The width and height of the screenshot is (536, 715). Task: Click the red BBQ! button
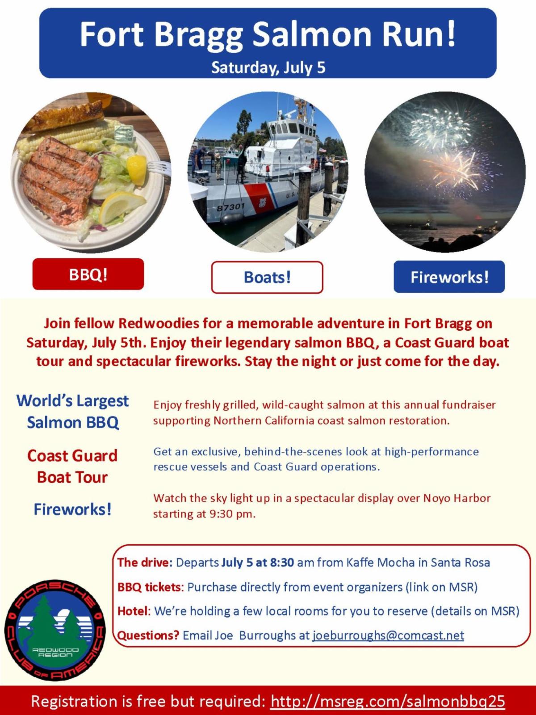coord(88,274)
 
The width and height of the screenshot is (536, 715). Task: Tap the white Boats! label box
coord(267,277)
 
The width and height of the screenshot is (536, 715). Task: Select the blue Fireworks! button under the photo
coord(449,277)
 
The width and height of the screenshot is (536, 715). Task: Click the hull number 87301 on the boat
coord(230,206)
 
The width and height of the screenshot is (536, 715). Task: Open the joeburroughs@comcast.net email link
coord(388,635)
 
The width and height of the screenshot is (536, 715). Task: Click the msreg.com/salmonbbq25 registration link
coord(388,701)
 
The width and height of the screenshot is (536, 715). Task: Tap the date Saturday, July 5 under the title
coord(268,67)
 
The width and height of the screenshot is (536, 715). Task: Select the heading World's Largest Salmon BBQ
coord(72,412)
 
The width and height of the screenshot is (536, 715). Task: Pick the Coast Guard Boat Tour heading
coord(72,466)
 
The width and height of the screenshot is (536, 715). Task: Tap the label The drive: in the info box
coord(145,563)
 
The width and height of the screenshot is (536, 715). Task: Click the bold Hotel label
coord(133,611)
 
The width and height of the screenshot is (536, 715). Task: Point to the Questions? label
coord(148,635)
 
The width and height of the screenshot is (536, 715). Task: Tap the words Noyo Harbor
coord(456,498)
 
